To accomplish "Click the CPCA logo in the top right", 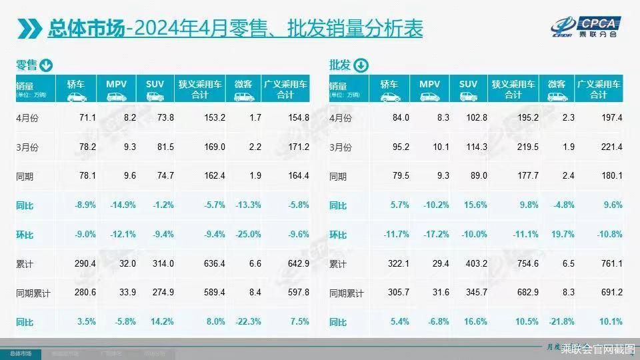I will [x=586, y=26].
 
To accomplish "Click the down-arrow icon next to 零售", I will [x=46, y=65].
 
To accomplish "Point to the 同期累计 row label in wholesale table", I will [x=346, y=293].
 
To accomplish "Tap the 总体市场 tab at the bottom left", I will [x=19, y=353].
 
